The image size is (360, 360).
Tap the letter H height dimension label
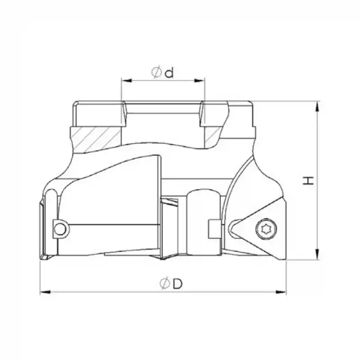pos(308,181)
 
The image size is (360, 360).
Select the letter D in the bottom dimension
pos(178,284)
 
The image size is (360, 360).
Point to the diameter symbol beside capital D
pos(165,284)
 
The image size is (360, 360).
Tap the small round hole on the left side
pos(58,229)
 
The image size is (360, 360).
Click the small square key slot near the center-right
pos(214,228)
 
